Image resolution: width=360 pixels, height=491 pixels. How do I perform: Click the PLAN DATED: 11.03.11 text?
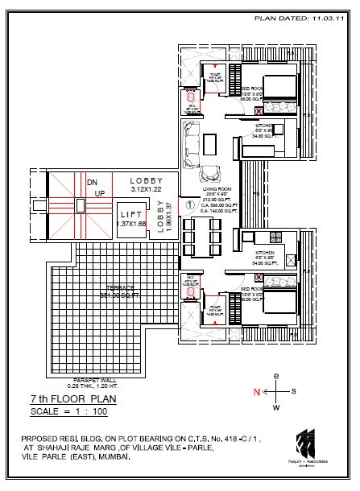point(302,15)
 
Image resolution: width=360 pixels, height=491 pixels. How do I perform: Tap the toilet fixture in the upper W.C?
point(190,103)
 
